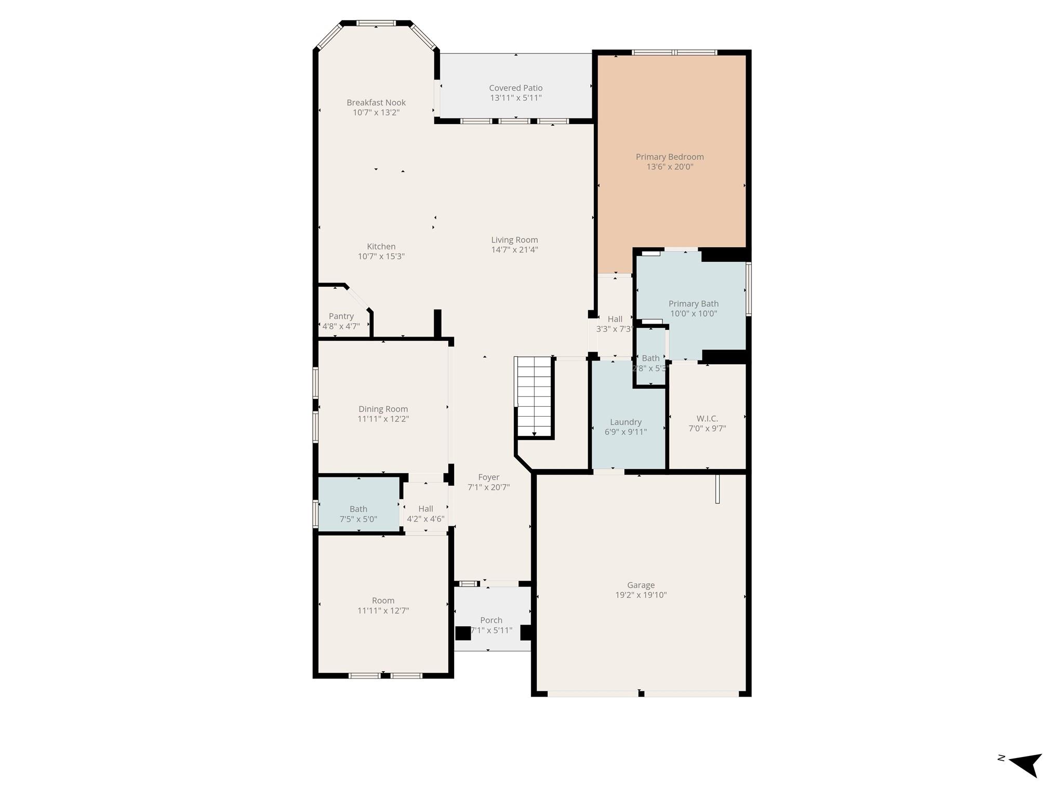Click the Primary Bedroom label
click(x=670, y=157)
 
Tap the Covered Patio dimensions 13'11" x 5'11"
click(x=515, y=98)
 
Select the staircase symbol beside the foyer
click(x=534, y=397)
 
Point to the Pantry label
click(x=341, y=316)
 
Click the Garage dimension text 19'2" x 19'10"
click(x=641, y=595)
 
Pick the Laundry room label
click(x=626, y=422)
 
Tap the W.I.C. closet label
click(x=707, y=418)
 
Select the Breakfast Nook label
click(x=376, y=102)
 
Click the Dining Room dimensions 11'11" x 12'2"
click(x=383, y=419)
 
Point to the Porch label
click(x=491, y=620)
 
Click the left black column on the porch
click(x=462, y=633)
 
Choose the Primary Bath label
click(x=693, y=303)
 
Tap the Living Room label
click(x=514, y=240)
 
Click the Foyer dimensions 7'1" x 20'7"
click(x=488, y=487)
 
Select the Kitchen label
click(x=381, y=246)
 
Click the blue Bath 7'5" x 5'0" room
click(x=358, y=504)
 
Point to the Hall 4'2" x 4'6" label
click(x=425, y=509)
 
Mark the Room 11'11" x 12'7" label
click(x=383, y=601)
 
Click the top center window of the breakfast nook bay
click(x=376, y=23)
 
